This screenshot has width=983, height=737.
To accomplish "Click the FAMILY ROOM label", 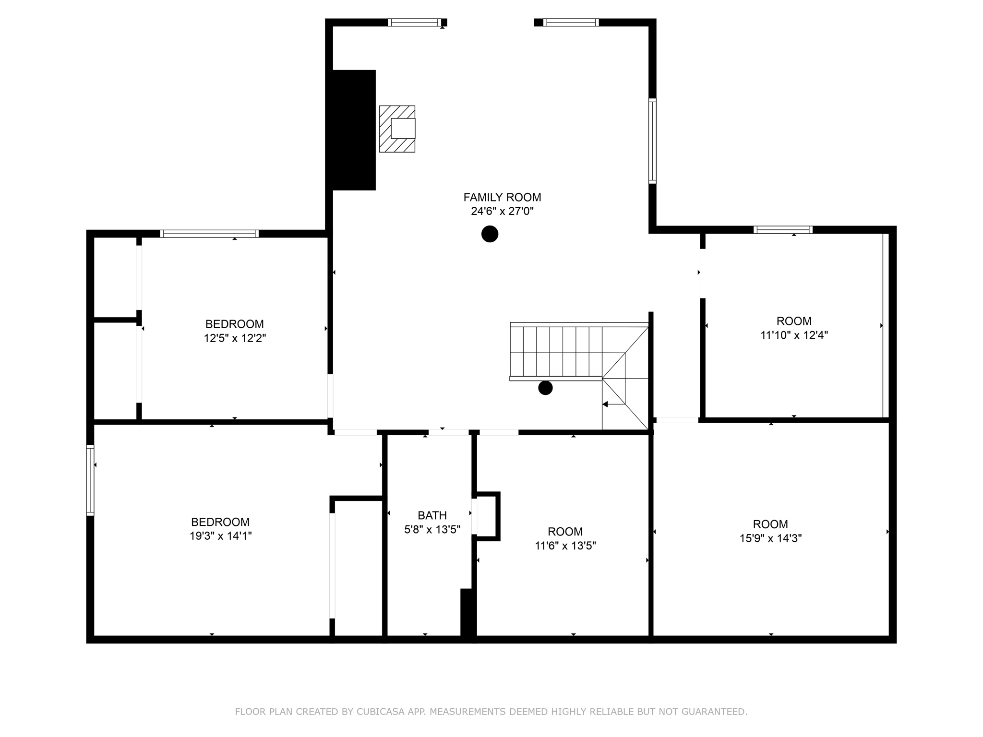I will [x=502, y=197].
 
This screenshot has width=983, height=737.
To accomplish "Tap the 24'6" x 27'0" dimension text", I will [x=502, y=211].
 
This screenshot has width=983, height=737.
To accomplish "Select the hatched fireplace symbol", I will [x=397, y=129].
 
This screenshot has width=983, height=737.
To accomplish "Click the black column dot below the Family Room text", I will [x=490, y=234].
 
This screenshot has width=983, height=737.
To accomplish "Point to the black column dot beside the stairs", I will [x=545, y=388].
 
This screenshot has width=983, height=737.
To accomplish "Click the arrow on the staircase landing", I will [x=606, y=404].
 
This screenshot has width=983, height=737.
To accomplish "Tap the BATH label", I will [x=432, y=515].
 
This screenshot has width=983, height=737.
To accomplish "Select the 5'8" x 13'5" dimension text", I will [x=432, y=529].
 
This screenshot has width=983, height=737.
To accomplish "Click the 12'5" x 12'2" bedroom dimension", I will [x=235, y=338].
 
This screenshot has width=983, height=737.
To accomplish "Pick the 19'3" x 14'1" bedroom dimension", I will [x=220, y=536].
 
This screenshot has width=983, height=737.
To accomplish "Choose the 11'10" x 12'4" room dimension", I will [x=794, y=335].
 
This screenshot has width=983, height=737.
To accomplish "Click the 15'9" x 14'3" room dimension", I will [x=770, y=538].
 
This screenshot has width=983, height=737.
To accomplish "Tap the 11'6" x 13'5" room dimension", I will [x=565, y=546].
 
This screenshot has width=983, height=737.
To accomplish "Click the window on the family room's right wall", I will [x=652, y=141].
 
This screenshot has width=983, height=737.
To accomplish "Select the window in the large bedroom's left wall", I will [x=90, y=480].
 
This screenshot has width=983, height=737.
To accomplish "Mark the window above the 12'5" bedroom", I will [x=209, y=234].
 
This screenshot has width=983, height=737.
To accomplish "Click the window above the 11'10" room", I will [x=783, y=230].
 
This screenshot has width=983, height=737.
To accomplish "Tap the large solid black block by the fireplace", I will [x=354, y=130].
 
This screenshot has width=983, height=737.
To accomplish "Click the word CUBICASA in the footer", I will [x=379, y=712].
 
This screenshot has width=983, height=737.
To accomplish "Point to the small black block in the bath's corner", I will [x=468, y=613].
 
